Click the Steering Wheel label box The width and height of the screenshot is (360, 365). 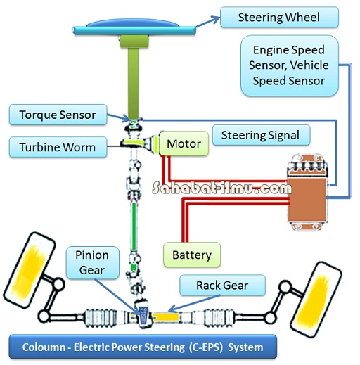point(279,17)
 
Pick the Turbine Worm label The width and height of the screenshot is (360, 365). point(58,147)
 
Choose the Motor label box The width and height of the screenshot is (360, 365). point(184,144)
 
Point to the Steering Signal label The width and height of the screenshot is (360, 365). point(260,135)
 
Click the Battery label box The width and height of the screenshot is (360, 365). point(191,254)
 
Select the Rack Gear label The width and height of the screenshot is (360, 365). point(223,286)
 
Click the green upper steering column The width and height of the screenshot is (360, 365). point(133,77)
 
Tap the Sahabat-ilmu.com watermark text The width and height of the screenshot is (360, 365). point(221,188)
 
